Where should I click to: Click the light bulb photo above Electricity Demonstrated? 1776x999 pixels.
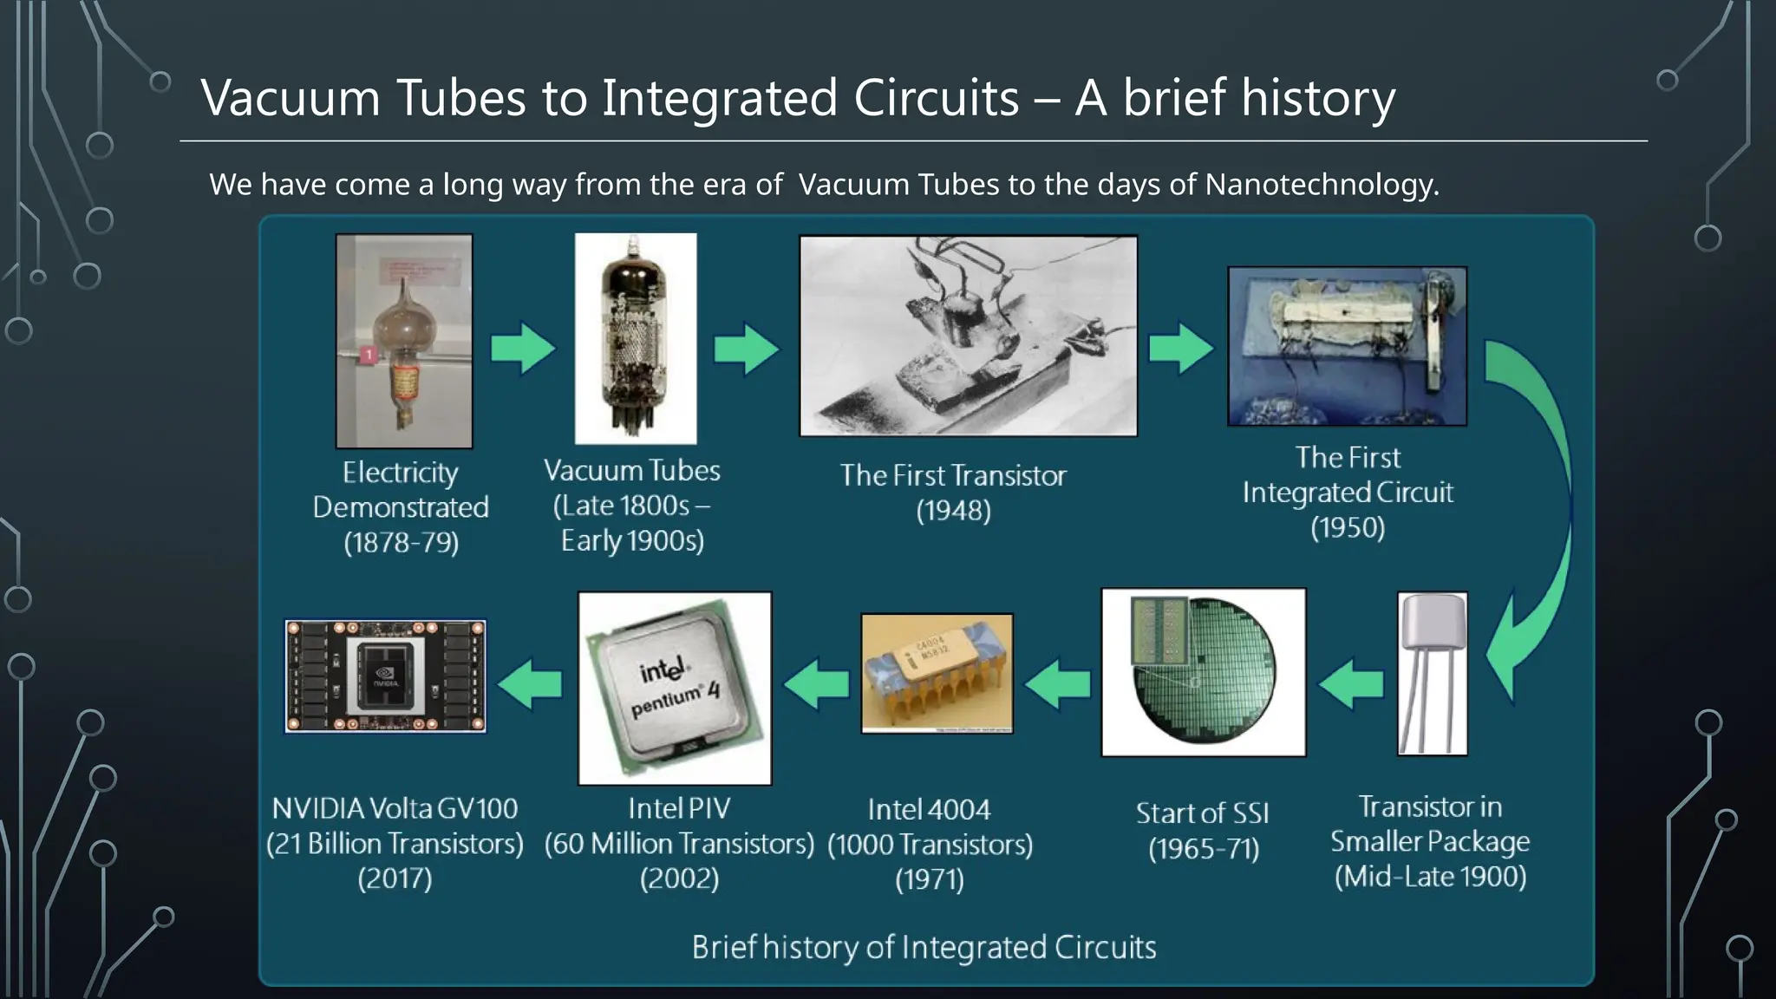click(x=404, y=341)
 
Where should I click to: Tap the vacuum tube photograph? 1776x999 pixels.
click(x=636, y=338)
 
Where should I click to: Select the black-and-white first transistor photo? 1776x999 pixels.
click(x=968, y=336)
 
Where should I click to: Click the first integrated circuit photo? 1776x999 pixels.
click(x=1347, y=346)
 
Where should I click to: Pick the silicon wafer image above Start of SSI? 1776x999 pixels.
click(x=1203, y=672)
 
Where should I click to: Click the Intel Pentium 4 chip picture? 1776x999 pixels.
click(x=675, y=689)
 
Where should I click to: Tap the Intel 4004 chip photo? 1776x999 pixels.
click(x=937, y=674)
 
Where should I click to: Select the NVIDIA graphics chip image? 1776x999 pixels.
click(x=386, y=676)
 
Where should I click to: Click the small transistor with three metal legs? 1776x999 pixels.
click(x=1433, y=673)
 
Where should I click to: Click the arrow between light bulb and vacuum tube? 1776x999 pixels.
click(x=523, y=349)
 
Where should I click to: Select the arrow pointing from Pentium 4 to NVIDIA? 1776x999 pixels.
click(x=531, y=683)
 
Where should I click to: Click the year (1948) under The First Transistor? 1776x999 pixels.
click(x=953, y=511)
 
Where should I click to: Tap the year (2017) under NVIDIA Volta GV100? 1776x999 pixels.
click(x=395, y=878)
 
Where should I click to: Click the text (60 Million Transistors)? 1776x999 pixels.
click(x=679, y=844)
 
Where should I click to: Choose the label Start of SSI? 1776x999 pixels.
click(x=1203, y=813)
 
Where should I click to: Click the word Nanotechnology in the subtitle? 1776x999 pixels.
click(x=1322, y=185)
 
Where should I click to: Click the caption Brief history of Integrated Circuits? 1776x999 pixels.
click(x=924, y=947)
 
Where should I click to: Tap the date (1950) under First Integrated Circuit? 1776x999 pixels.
click(x=1348, y=528)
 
